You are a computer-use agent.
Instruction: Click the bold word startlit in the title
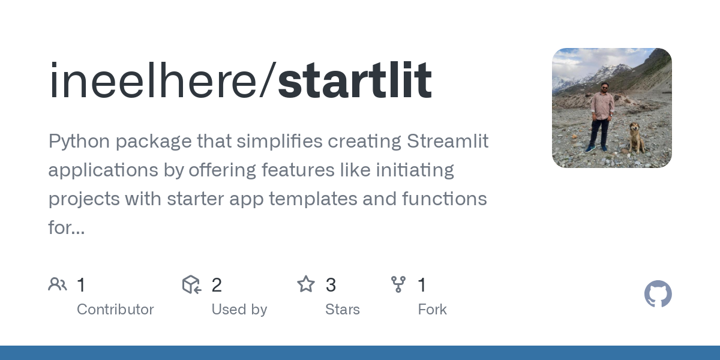(x=355, y=80)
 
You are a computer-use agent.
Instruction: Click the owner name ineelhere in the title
(x=157, y=80)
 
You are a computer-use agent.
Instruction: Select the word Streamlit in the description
(x=448, y=142)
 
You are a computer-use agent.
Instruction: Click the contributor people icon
(x=58, y=284)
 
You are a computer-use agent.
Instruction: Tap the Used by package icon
(x=191, y=284)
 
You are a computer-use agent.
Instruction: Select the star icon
(x=306, y=284)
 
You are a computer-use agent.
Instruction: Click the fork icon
(x=398, y=284)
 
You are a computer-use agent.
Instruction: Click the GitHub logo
(x=658, y=294)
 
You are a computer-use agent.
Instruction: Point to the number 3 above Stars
(x=331, y=285)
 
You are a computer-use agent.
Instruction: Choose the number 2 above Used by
(x=217, y=285)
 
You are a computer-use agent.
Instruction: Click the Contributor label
(x=115, y=310)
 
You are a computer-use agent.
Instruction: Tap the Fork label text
(x=432, y=310)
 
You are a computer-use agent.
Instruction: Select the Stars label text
(x=343, y=310)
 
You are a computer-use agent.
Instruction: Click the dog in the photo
(x=635, y=138)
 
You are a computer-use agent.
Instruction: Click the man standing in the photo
(x=601, y=117)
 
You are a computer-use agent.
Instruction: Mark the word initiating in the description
(x=415, y=170)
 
